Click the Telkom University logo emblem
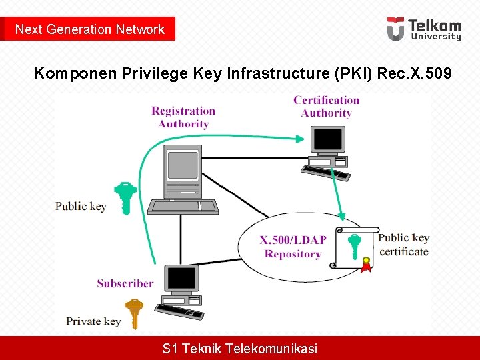pos(395,29)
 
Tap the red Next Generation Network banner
pos(89,29)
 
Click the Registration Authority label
pos(183,117)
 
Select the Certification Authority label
pos(326,107)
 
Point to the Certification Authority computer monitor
pos(327,140)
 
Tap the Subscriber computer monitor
pos(182,279)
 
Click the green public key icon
pos(125,197)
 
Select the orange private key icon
pos(135,313)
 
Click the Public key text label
pos(81,206)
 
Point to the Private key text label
pos(93,321)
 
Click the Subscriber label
pos(125,283)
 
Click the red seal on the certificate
pos(365,266)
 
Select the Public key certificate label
pos(404,245)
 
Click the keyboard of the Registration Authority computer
pos(183,207)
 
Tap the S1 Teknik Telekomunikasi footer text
pos(240,348)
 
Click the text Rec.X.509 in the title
pos(415,73)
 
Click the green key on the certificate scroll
pos(355,245)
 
